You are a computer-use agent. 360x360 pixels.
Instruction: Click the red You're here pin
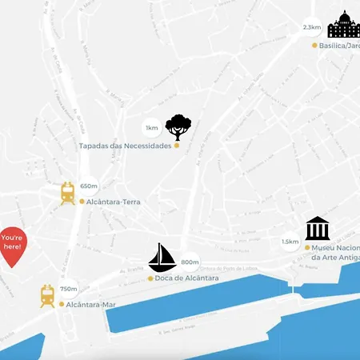coord(13,243)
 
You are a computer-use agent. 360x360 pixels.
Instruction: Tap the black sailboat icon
coord(162,258)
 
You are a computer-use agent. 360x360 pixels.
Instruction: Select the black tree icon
coord(178,127)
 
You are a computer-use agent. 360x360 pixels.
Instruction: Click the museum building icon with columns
coord(318,228)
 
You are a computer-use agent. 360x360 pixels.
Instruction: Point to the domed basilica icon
coord(344,26)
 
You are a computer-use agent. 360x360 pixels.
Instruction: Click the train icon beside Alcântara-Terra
coord(68,193)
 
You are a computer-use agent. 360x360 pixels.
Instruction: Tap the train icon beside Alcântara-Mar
coord(47,296)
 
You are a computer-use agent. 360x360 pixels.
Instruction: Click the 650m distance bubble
coord(89,186)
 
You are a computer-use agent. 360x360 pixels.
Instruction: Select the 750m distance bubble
coord(69,289)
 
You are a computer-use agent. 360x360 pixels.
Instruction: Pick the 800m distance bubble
coord(190,262)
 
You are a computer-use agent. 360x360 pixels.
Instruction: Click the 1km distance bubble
coord(151,128)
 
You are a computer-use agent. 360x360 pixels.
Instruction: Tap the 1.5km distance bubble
coord(290,242)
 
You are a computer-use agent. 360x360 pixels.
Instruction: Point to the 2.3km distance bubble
coord(311,27)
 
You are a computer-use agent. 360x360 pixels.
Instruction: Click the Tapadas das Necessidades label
coord(137,146)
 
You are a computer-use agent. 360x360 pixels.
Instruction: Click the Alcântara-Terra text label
coord(114,202)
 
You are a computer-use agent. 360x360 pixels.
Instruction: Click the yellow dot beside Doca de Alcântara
coord(150,278)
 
